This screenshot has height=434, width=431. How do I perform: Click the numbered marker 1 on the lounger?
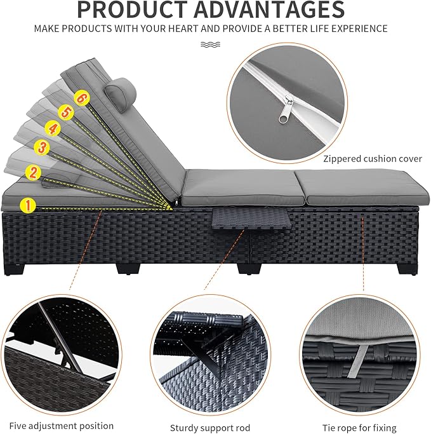click(x=28, y=206)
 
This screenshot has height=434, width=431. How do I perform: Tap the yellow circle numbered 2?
click(x=33, y=172)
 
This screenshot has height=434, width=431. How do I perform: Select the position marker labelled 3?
click(x=42, y=147)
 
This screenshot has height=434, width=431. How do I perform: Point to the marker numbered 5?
click(x=66, y=112)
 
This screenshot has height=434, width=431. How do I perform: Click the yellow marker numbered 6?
click(x=82, y=98)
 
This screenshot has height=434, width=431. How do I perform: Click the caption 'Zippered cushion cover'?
click(x=373, y=159)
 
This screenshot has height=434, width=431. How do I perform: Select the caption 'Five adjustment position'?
click(x=62, y=426)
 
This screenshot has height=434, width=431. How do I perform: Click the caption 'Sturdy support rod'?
click(x=210, y=428)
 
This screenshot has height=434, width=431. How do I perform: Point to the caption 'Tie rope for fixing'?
click(x=359, y=428)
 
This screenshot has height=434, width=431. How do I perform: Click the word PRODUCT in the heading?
click(x=131, y=10)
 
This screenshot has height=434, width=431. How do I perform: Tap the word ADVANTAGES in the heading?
click(x=269, y=10)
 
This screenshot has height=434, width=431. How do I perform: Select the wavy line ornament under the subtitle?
click(x=210, y=44)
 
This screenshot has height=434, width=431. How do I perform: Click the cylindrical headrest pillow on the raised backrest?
click(x=121, y=92)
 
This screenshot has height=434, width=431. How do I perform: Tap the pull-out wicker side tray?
click(x=251, y=219)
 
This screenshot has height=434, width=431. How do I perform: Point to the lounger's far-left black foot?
click(x=15, y=269)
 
